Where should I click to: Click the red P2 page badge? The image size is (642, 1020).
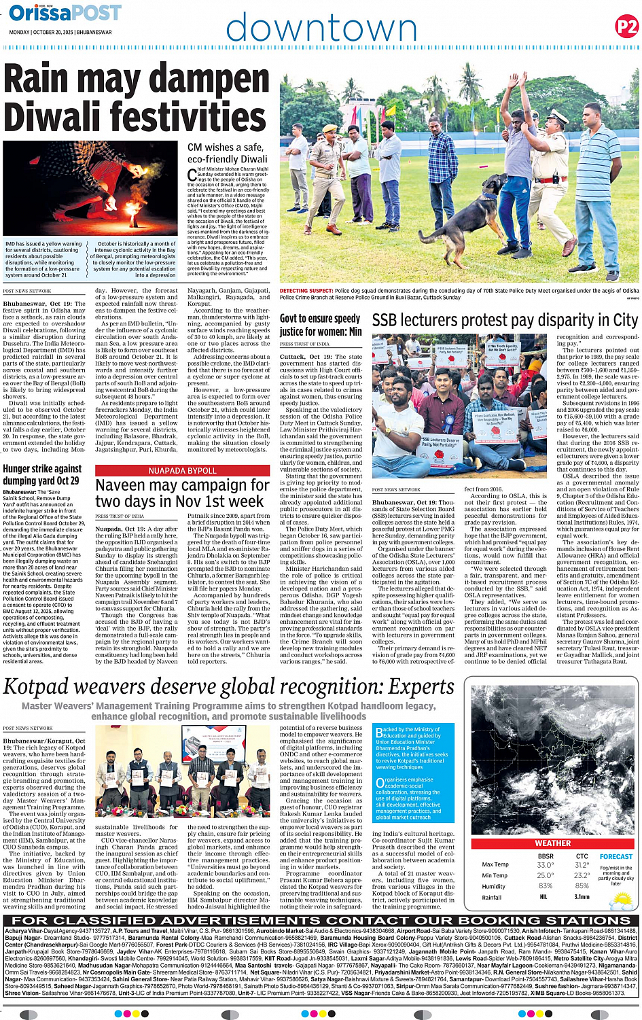pos(626,27)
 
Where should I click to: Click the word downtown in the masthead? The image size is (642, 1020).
pos(321,28)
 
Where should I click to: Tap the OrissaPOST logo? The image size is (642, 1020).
pos(65,13)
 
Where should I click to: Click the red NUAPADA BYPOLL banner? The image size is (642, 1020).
pos(182,470)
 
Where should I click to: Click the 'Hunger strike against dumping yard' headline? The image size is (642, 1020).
pos(42,474)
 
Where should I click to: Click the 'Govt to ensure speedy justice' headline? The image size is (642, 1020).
pos(320,325)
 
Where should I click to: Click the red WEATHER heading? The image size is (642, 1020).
pos(552,843)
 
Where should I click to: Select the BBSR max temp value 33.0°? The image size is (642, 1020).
pos(544,865)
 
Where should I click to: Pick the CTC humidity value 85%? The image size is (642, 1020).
pos(582,886)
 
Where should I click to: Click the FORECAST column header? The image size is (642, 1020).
pos(616,857)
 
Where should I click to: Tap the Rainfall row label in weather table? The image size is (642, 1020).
pos(492,897)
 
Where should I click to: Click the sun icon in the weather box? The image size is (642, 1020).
pos(621,900)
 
